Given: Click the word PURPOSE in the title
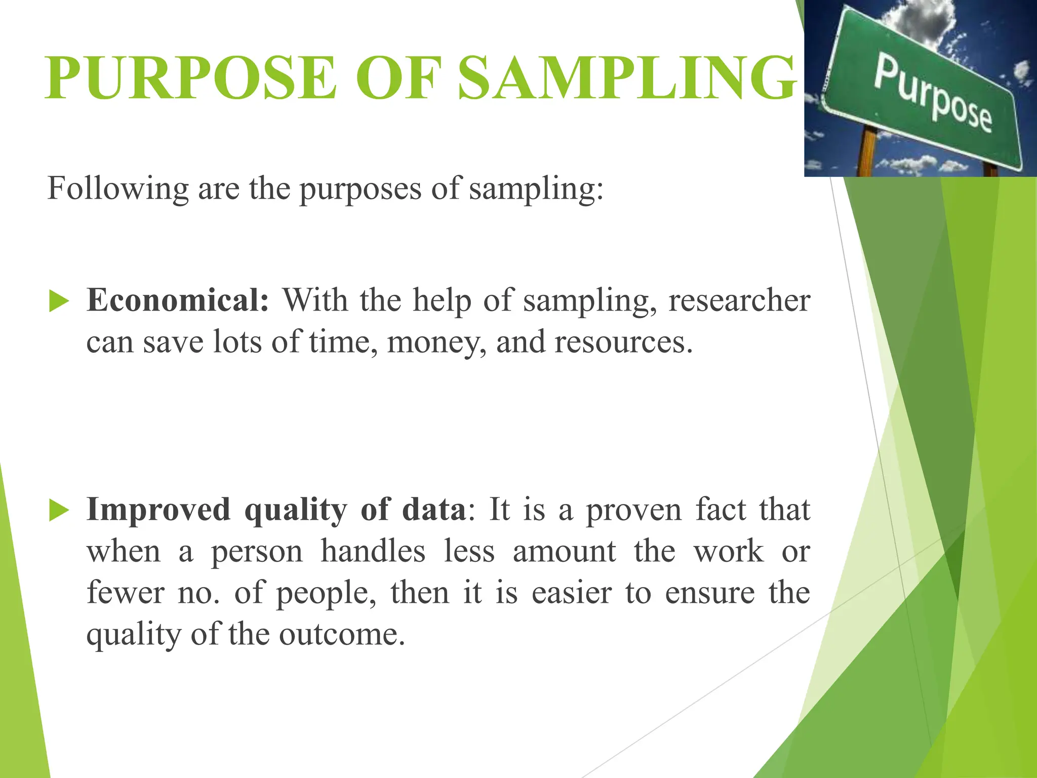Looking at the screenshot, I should coord(190,79).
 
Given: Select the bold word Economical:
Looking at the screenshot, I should coord(178,300).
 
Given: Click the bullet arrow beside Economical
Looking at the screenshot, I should coord(59,301).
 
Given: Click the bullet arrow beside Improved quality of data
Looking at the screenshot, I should coord(59,510).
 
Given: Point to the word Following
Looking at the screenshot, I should coord(118,189).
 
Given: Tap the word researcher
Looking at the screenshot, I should coord(739,300).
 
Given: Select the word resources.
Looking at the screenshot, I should coord(623,342).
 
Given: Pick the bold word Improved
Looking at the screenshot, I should coord(158,509).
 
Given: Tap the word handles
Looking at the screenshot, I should coord(373,551).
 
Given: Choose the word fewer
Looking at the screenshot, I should coord(125,593).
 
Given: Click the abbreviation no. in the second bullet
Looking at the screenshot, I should coord(199,593).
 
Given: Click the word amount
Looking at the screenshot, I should coord(564,551).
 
